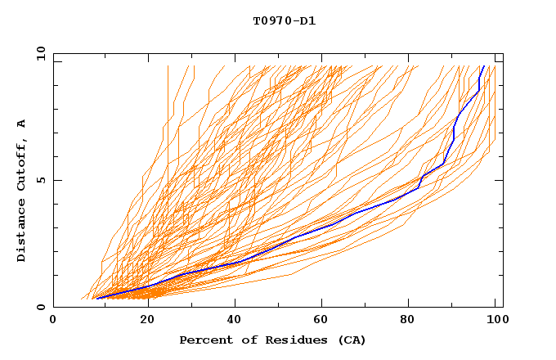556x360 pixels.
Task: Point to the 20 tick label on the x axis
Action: (148, 319)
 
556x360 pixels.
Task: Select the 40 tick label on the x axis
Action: (236, 319)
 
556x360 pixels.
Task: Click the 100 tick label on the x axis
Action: (495, 319)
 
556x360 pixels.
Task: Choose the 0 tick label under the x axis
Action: (53, 319)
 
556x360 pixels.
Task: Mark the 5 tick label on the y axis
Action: (40, 180)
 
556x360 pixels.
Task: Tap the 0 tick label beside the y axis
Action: (40, 307)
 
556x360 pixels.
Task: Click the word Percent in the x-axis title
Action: (202, 340)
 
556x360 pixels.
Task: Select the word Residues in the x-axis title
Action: (283, 340)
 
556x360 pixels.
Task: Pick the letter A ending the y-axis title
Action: (21, 124)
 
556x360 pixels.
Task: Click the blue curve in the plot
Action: (327, 226)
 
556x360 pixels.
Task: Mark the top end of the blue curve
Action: (483, 66)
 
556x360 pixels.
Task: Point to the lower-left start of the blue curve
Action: (96, 298)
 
